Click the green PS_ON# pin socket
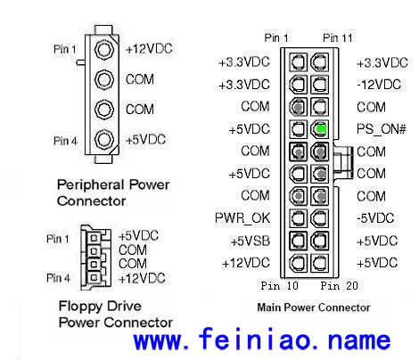click(x=320, y=129)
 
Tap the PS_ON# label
click(x=382, y=129)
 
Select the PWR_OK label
click(x=242, y=218)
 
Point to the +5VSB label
click(x=251, y=241)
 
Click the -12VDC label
click(x=379, y=85)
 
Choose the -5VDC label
click(x=375, y=218)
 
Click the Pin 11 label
click(x=337, y=38)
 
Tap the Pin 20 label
click(x=339, y=286)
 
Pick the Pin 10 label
click(x=279, y=286)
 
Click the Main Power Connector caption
click(x=314, y=307)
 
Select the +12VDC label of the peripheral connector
click(x=149, y=49)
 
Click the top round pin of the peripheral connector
click(x=104, y=49)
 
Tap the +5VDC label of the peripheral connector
click(x=145, y=140)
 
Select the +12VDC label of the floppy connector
click(x=142, y=279)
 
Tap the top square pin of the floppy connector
click(x=94, y=238)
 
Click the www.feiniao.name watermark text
click(x=262, y=339)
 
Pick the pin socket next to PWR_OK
click(x=298, y=218)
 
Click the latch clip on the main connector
click(x=343, y=162)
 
